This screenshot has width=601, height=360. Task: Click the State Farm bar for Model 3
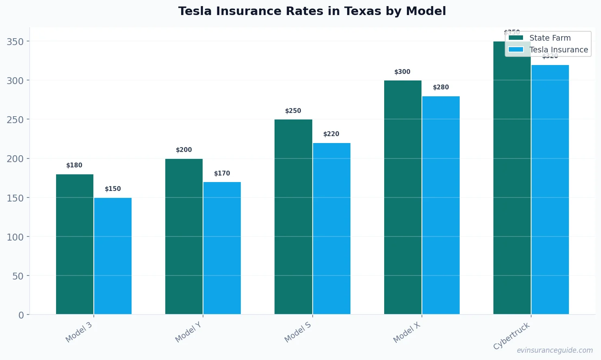click(75, 244)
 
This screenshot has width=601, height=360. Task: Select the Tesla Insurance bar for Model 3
click(113, 256)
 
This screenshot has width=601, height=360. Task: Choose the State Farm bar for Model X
click(403, 197)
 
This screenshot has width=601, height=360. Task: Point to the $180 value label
click(74, 165)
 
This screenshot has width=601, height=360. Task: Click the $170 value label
click(222, 173)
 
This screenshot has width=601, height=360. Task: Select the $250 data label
click(293, 111)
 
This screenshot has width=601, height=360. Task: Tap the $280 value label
click(441, 87)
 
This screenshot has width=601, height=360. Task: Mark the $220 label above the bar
click(331, 134)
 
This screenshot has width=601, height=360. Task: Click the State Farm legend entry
click(550, 38)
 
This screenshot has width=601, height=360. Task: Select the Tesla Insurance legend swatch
click(516, 50)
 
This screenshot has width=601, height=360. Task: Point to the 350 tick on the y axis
click(15, 41)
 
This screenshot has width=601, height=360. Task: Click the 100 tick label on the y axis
click(15, 237)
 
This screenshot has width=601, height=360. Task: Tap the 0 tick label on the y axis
click(21, 315)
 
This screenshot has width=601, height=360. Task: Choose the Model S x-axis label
click(298, 332)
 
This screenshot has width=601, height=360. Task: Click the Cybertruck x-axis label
click(512, 336)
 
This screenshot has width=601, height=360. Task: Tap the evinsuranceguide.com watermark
click(555, 350)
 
